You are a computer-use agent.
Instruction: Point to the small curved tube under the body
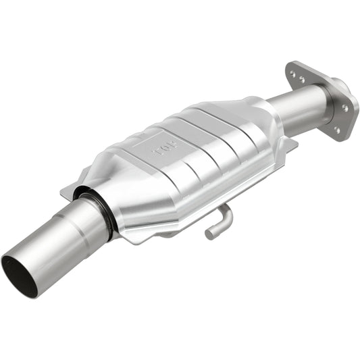(x=220, y=222)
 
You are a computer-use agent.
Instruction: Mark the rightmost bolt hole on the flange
(x=344, y=107)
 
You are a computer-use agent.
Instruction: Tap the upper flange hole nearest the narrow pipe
(x=301, y=80)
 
